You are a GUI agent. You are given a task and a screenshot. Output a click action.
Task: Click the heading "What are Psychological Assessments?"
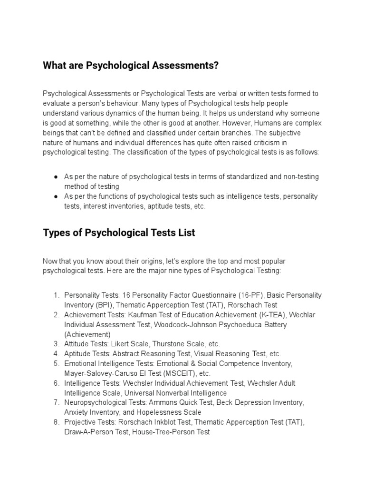[131, 66]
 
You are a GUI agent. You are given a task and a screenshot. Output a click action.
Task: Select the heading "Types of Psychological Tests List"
[119, 233]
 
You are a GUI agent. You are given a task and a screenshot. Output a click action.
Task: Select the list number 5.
[56, 363]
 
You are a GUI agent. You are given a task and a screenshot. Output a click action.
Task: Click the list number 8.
[56, 422]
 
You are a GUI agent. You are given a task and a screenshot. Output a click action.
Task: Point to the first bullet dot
[56, 176]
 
